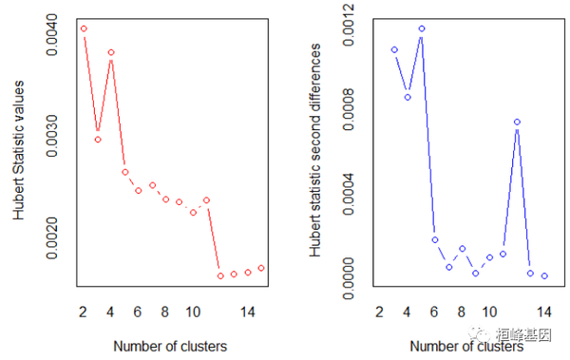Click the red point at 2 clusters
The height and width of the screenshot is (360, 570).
tap(84, 28)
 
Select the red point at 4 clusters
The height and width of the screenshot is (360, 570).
tap(111, 52)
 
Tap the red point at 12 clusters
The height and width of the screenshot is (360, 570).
tap(220, 275)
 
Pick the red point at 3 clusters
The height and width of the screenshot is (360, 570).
tap(97, 140)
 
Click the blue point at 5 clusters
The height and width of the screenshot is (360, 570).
tap(421, 28)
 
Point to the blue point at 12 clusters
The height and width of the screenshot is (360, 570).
tap(517, 122)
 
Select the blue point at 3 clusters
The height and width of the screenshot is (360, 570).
tap(393, 49)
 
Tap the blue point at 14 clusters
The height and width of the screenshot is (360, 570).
tap(544, 275)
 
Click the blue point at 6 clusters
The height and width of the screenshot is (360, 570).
tap(434, 239)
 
